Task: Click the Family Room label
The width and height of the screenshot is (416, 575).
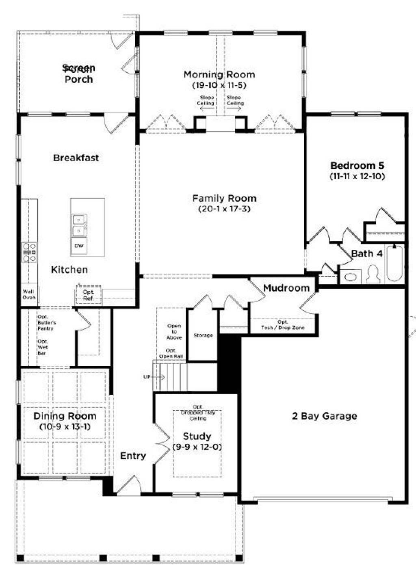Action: tap(224, 199)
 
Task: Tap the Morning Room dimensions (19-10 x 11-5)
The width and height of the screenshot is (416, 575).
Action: tap(219, 85)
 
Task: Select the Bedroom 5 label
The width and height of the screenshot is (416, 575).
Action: tap(357, 166)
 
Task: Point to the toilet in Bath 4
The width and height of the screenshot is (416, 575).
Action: tap(373, 274)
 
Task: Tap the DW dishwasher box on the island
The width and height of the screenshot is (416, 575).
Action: tap(79, 246)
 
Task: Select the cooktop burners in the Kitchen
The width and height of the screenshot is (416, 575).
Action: tap(29, 252)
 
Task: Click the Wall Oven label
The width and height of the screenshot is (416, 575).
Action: tap(29, 294)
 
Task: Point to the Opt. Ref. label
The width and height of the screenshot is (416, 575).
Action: tap(88, 295)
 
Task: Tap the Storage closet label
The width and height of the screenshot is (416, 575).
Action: tap(203, 335)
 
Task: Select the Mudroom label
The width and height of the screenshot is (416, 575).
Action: tap(286, 288)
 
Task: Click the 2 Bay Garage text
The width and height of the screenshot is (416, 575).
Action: tap(324, 416)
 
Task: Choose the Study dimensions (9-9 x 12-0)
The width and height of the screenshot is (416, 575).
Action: tap(197, 447)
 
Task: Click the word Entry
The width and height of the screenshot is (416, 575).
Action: tap(133, 456)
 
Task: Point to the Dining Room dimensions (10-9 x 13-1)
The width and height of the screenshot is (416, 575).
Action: tap(65, 427)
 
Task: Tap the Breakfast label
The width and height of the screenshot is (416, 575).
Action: tap(76, 158)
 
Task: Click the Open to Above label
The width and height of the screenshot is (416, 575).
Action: tap(174, 332)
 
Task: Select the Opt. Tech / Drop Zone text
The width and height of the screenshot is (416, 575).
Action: tap(282, 325)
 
